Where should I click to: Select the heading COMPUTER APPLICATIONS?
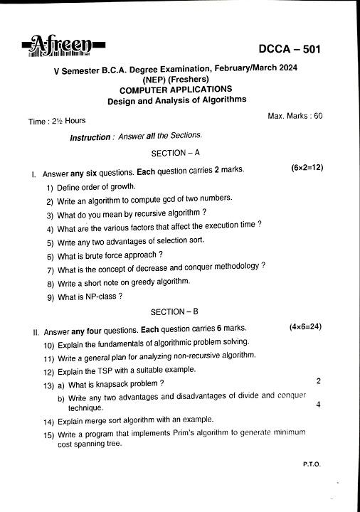coord(175,89)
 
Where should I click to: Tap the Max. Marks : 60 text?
coord(295,115)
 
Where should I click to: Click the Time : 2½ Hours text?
coord(57,122)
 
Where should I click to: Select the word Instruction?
coord(90,137)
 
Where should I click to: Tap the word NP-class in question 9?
coord(102,297)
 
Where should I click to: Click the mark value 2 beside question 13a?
coord(318,381)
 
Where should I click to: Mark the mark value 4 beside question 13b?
coord(317,405)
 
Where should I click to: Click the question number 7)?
coord(51,270)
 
